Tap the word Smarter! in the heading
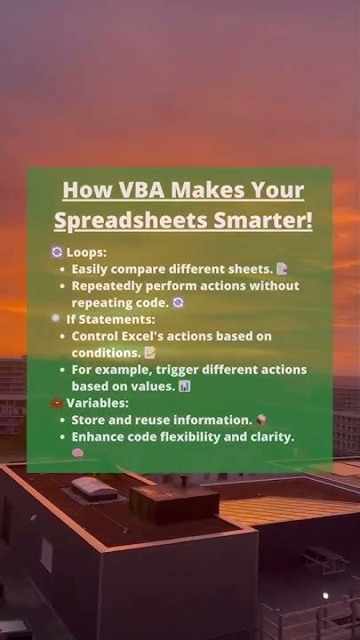[x=269, y=220]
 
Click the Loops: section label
[x=87, y=252]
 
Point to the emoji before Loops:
[x=58, y=252]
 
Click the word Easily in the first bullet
[x=90, y=268]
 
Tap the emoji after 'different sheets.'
[x=282, y=268]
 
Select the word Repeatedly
[x=109, y=285]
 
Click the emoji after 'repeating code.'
[x=178, y=302]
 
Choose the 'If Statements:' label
[x=110, y=319]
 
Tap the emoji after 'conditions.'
[x=150, y=353]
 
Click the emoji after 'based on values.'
[x=185, y=387]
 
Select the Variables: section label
[x=94, y=403]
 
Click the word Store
[x=88, y=420]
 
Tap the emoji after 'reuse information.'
[x=261, y=420]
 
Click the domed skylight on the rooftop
[x=93, y=488]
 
